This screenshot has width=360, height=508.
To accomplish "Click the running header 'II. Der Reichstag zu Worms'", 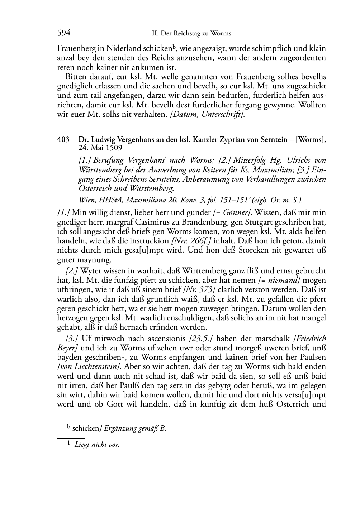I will pos(191,34).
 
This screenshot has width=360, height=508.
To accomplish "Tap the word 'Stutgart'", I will pos(253,222).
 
